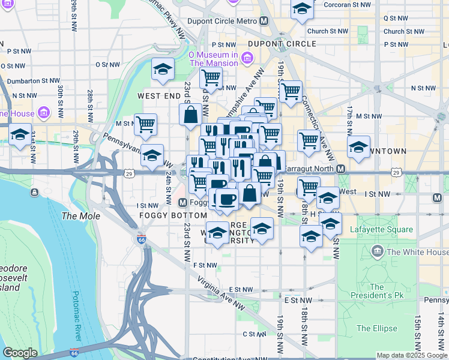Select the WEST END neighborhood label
coord(159,95)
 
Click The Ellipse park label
coord(376,328)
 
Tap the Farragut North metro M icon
coord(340,169)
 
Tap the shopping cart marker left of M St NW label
coord(145,125)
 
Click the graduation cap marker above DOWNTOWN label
coord(358,146)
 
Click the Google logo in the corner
coord(20,353)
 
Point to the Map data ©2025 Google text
coord(412,355)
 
